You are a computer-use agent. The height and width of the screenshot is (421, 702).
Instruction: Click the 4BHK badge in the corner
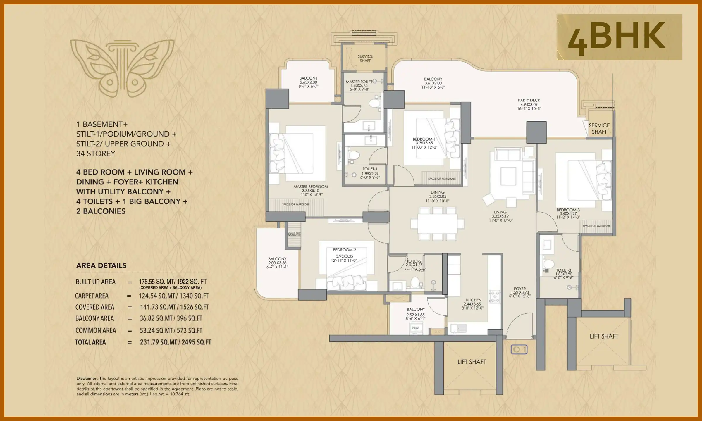click(x=619, y=37)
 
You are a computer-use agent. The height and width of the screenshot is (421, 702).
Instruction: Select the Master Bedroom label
click(x=311, y=187)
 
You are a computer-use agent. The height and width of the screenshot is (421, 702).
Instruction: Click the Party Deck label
click(x=529, y=100)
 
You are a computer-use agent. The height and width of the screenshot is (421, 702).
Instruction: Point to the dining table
click(x=437, y=224)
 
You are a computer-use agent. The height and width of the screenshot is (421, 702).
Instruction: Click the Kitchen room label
click(x=474, y=300)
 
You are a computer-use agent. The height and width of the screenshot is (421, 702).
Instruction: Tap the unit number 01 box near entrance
click(x=519, y=349)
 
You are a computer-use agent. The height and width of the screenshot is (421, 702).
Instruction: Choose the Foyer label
click(x=520, y=289)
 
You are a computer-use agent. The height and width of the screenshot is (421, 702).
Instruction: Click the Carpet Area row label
click(x=92, y=296)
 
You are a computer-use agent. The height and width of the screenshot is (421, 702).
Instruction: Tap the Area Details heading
click(x=101, y=265)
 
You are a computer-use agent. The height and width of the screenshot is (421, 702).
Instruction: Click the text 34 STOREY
click(x=96, y=153)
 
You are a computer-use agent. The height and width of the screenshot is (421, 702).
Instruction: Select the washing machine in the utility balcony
click(x=416, y=328)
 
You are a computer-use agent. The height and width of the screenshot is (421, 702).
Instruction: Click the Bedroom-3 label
click(x=568, y=210)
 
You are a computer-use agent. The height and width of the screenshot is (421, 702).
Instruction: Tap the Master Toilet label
click(x=359, y=82)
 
